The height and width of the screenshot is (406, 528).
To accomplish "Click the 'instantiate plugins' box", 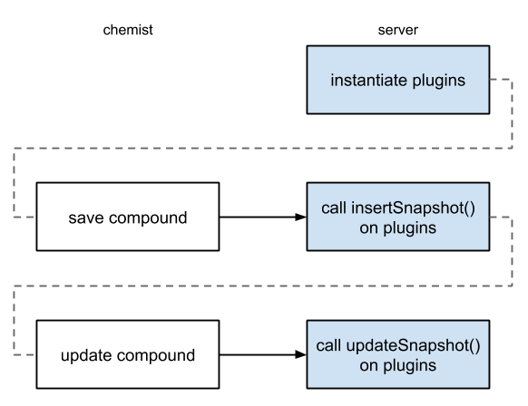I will [x=398, y=81].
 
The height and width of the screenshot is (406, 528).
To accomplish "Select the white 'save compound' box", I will [x=127, y=217].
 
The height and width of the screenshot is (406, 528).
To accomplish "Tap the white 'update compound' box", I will [x=127, y=354].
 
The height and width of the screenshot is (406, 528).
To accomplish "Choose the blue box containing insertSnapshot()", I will [x=398, y=217].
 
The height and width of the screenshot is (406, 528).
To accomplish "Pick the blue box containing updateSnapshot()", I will [x=398, y=354].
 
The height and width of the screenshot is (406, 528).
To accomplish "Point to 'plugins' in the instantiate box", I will [x=440, y=81].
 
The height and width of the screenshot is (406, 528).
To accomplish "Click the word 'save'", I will [x=86, y=218].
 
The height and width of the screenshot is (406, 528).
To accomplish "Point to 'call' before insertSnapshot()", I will [x=333, y=208].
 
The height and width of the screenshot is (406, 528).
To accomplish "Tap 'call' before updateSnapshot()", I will [x=328, y=345].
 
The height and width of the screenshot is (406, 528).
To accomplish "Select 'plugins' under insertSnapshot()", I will [x=409, y=228].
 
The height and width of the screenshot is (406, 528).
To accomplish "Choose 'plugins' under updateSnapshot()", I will [x=409, y=365].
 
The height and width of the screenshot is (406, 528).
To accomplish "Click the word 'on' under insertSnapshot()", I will [x=368, y=228].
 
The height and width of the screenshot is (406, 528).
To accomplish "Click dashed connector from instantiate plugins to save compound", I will [x=263, y=148].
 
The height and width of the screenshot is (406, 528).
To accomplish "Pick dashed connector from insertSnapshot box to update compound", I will [x=263, y=285].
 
